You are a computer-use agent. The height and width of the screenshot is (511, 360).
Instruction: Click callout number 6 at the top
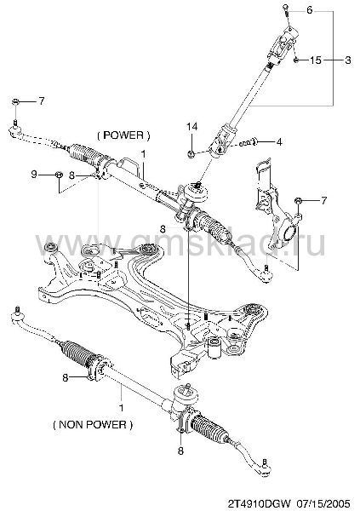click(x=309, y=10)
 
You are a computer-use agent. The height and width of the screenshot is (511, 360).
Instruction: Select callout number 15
click(x=315, y=60)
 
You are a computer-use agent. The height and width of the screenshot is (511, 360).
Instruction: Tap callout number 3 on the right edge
click(x=348, y=60)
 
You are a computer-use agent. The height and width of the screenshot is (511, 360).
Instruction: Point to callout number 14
click(x=191, y=126)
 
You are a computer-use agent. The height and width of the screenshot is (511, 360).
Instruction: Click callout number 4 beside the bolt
click(x=279, y=142)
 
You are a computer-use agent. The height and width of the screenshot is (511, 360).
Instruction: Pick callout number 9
click(x=34, y=174)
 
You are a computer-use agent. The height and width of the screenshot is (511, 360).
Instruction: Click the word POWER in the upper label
click(x=124, y=135)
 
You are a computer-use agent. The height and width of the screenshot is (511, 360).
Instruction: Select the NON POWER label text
click(x=93, y=425)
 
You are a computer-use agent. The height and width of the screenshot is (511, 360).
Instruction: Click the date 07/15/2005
click(x=326, y=503)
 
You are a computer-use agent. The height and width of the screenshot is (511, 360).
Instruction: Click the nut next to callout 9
click(x=59, y=175)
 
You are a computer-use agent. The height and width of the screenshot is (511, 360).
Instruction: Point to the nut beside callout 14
click(x=191, y=153)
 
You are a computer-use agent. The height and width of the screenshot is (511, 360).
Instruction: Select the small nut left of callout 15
click(x=296, y=60)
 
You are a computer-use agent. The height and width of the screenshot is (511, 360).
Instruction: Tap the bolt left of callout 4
click(x=249, y=142)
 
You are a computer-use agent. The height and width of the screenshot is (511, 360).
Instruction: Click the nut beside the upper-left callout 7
click(x=15, y=101)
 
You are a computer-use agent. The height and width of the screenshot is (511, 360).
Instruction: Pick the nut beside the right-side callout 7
click(x=297, y=200)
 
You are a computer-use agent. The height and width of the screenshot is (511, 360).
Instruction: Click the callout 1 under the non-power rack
click(x=122, y=408)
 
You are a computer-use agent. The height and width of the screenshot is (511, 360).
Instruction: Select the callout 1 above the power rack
click(x=143, y=154)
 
